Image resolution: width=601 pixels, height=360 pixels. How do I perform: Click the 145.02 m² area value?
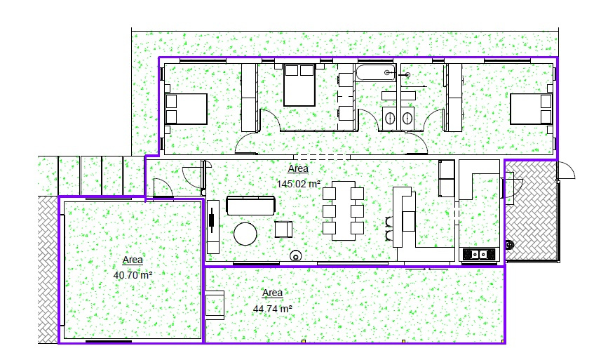click(x=299, y=184)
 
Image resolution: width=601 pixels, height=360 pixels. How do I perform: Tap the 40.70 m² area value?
click(x=133, y=275)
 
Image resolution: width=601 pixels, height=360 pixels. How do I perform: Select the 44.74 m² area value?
click(x=273, y=309)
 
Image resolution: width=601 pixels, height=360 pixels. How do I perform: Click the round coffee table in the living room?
click(x=245, y=234)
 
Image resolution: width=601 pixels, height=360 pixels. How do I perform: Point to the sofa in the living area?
click(x=250, y=206)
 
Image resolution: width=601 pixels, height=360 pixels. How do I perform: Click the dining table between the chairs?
click(x=344, y=211)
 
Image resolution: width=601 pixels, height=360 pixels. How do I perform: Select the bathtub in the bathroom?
click(x=376, y=72)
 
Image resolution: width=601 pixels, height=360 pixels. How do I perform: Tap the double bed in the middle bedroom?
click(x=299, y=85)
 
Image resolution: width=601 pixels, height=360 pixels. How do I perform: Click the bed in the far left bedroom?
click(x=186, y=109)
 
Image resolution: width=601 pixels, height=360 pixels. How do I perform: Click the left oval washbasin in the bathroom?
click(x=389, y=118)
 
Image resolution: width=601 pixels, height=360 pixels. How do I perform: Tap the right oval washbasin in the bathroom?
click(x=407, y=118)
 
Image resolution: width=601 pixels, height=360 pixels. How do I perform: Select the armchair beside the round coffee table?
click(x=283, y=229)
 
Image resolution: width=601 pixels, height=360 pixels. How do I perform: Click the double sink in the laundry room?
click(x=479, y=254)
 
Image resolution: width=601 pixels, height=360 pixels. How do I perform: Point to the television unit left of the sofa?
click(x=213, y=227)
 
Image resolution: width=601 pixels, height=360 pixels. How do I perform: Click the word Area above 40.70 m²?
click(x=133, y=260)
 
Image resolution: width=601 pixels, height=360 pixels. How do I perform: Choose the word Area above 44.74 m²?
click(x=273, y=293)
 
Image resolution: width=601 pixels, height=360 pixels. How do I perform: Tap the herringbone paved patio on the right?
click(x=532, y=211)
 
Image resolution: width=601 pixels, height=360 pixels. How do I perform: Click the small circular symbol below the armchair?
click(x=295, y=255)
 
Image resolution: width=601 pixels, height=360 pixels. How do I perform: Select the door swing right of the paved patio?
click(x=566, y=171)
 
